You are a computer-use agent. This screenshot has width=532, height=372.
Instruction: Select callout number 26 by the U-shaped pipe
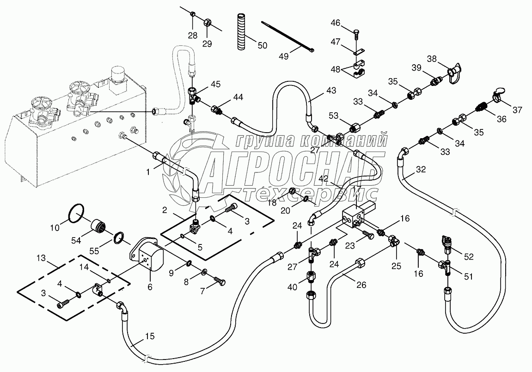[x=361, y=285]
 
